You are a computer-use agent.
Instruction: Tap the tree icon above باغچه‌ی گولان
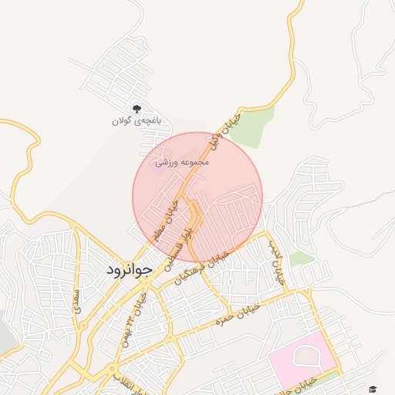click(x=137, y=109)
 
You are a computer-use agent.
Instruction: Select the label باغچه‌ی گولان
click(x=135, y=121)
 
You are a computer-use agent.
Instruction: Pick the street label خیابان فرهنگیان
click(x=203, y=267)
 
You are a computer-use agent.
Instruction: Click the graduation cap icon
click(x=373, y=390)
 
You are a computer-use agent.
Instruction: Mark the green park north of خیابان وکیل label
click(x=252, y=127)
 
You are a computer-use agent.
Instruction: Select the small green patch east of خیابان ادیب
click(x=302, y=258)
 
